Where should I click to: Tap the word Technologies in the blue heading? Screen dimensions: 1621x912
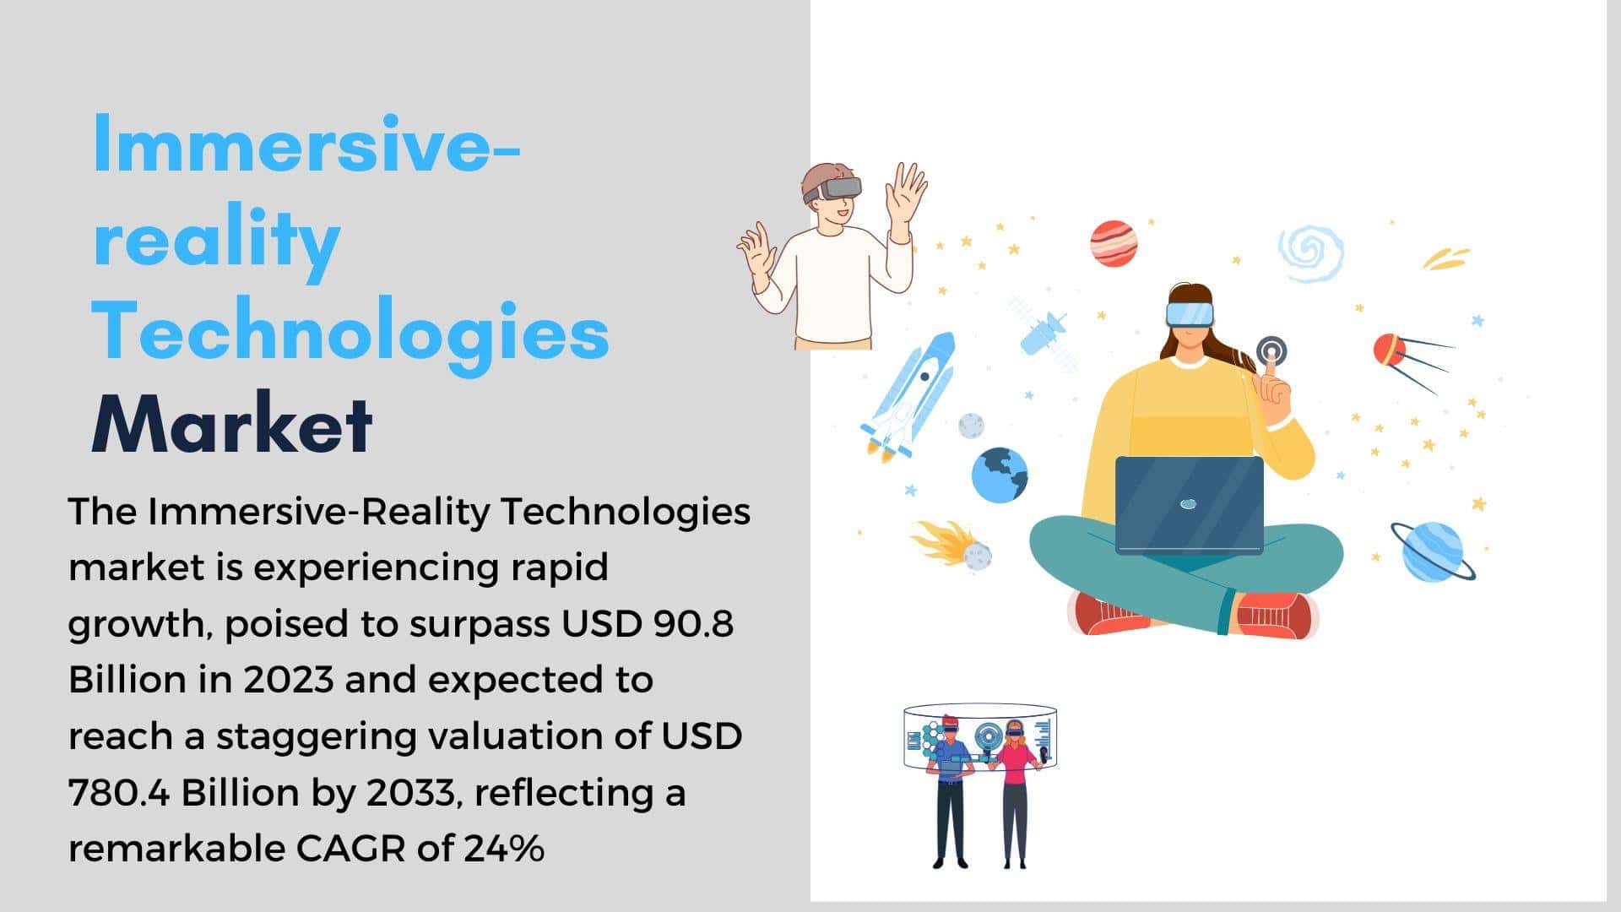pos(350,332)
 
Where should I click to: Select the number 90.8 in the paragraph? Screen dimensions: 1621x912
pos(693,624)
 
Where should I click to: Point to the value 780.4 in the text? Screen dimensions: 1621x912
pos(118,793)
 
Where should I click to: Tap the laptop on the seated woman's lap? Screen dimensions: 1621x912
pos(1189,505)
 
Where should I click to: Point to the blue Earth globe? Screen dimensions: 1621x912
pos(1000,475)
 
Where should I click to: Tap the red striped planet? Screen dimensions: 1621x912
pos(1113,243)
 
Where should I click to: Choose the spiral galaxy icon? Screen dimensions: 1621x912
pos(1310,252)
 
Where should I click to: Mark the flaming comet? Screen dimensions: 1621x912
pos(951,544)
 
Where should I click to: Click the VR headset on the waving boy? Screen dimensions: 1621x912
pos(833,188)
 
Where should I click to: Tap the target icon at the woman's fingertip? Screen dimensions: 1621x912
pos(1271,350)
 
